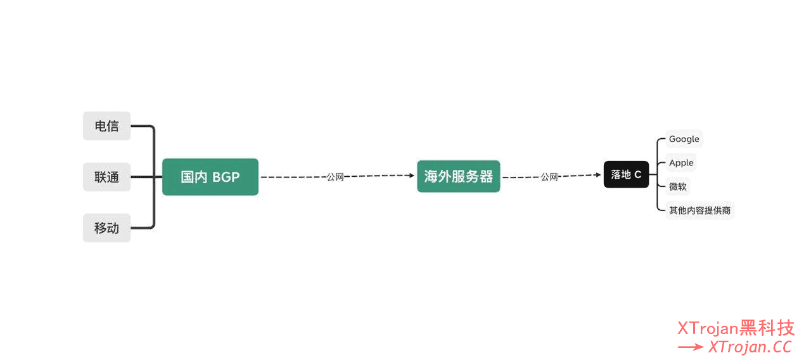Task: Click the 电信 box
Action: (106, 126)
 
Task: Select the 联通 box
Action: (106, 177)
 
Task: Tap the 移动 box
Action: (106, 228)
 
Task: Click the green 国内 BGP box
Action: (210, 177)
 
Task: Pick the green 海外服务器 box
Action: (459, 176)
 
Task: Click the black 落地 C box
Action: (626, 174)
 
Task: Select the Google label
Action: (684, 139)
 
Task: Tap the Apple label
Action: (681, 163)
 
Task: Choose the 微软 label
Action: (677, 186)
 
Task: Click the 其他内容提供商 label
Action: (700, 210)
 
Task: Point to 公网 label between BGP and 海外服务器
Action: (335, 177)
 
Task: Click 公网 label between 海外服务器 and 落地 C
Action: (549, 177)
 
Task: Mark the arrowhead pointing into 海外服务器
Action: (411, 176)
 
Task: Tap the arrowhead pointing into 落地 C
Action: (597, 174)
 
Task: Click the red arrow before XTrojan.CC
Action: (691, 347)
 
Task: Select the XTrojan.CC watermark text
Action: (750, 347)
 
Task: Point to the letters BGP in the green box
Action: (226, 177)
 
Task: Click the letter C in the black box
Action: (637, 174)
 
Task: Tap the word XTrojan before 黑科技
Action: (708, 328)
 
